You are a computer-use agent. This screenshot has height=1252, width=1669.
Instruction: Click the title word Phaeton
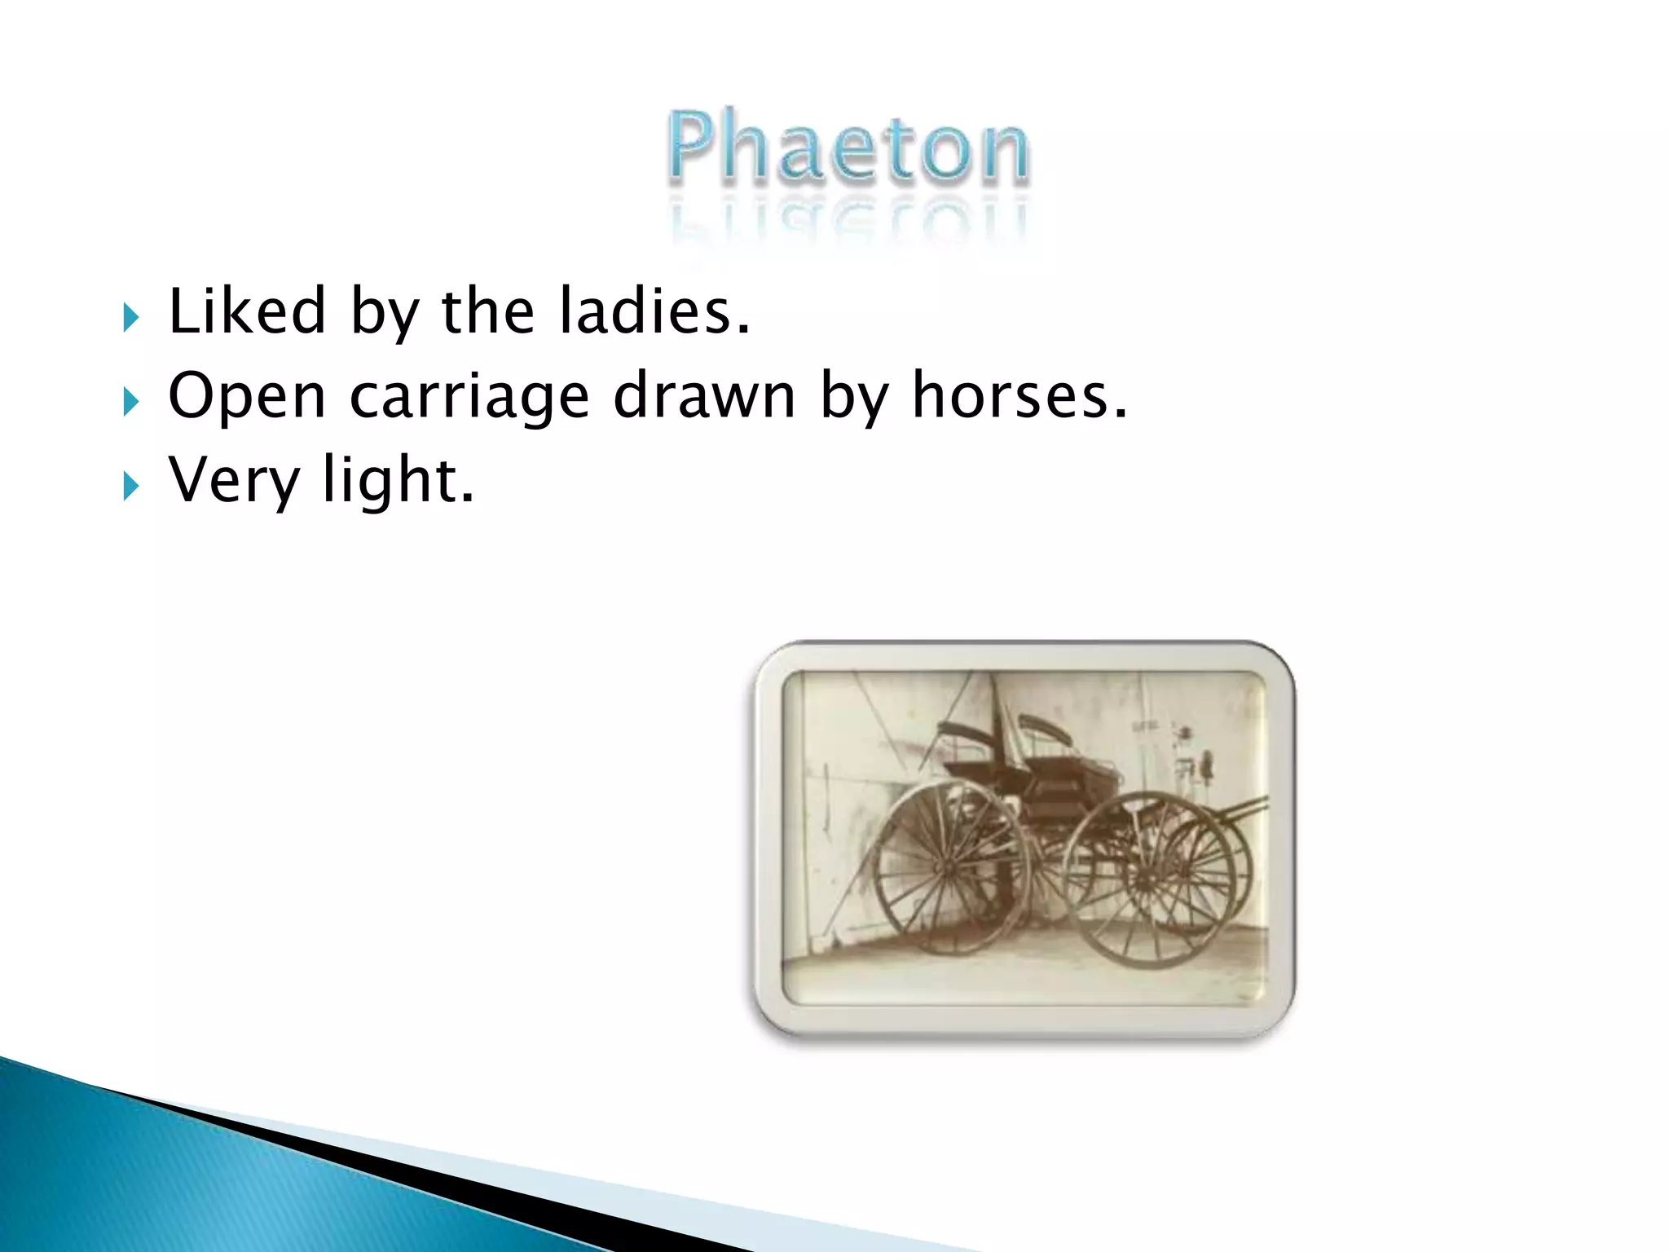pyautogui.click(x=848, y=148)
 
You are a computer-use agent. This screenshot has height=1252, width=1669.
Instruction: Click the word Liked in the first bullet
pyautogui.click(x=247, y=311)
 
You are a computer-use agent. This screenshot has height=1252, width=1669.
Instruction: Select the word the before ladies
pyautogui.click(x=487, y=311)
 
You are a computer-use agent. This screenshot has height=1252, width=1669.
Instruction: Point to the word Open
pyautogui.click(x=247, y=397)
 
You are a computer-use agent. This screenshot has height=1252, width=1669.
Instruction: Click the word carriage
pyautogui.click(x=469, y=397)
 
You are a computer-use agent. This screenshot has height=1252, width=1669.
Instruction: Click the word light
pyautogui.click(x=398, y=480)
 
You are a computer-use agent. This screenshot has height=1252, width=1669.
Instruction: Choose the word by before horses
pyautogui.click(x=853, y=397)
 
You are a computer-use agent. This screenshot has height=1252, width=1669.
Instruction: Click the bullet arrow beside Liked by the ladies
pyautogui.click(x=130, y=316)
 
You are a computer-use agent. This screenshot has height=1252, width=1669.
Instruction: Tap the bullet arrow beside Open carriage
pyautogui.click(x=130, y=401)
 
